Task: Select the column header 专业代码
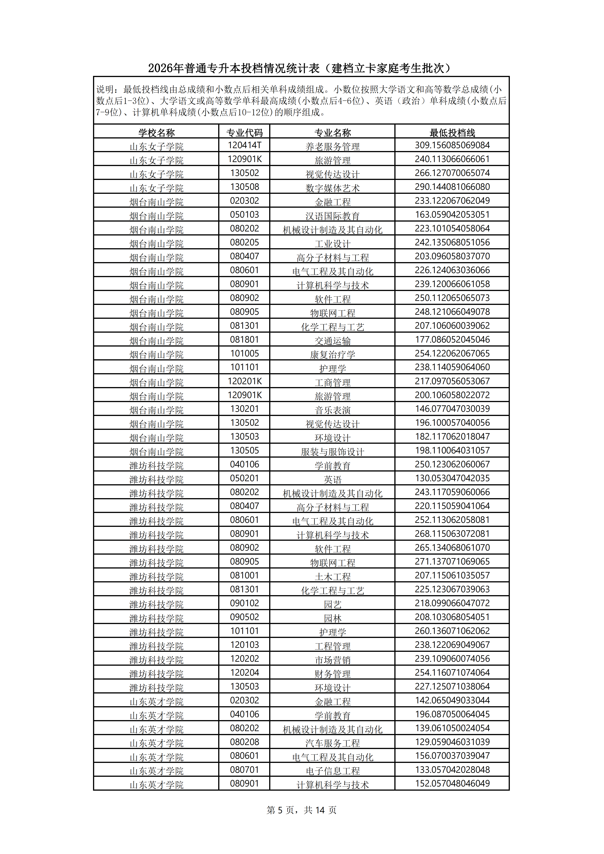tap(244, 132)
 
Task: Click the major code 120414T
tap(244, 145)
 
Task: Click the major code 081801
tap(244, 340)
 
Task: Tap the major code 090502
tap(244, 617)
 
